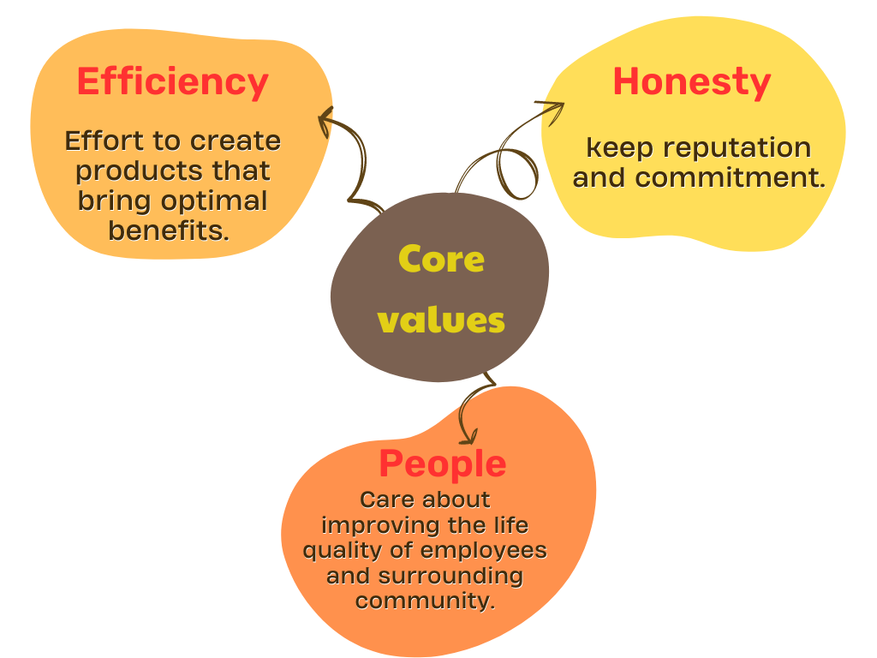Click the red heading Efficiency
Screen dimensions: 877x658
click(x=173, y=83)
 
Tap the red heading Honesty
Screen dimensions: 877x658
click(x=692, y=83)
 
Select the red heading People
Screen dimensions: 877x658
click(x=443, y=465)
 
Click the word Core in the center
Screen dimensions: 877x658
click(x=441, y=260)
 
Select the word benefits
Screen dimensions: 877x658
click(x=169, y=230)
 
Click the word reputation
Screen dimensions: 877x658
click(x=737, y=148)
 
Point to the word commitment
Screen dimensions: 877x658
click(x=730, y=177)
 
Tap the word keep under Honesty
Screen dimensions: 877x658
click(x=620, y=148)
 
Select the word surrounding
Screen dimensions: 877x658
click(x=450, y=576)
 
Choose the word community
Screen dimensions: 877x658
click(x=425, y=601)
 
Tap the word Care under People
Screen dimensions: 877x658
click(x=385, y=499)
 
